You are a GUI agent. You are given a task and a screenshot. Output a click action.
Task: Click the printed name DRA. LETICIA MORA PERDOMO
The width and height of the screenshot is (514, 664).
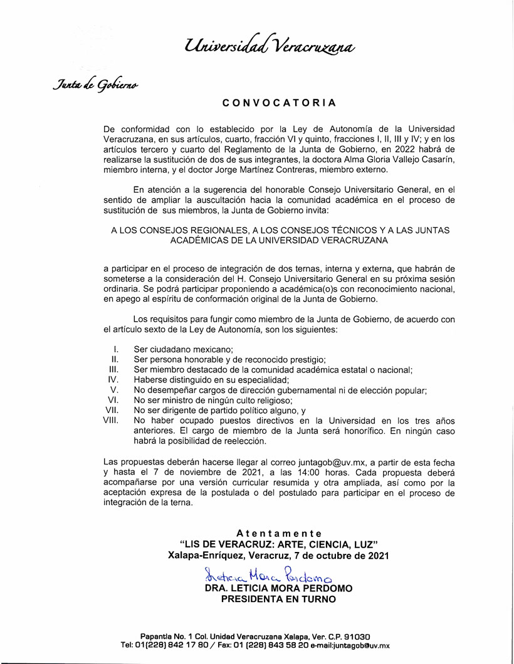(x=278, y=588)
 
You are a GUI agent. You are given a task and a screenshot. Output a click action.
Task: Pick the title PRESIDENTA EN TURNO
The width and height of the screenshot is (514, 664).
(x=278, y=599)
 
